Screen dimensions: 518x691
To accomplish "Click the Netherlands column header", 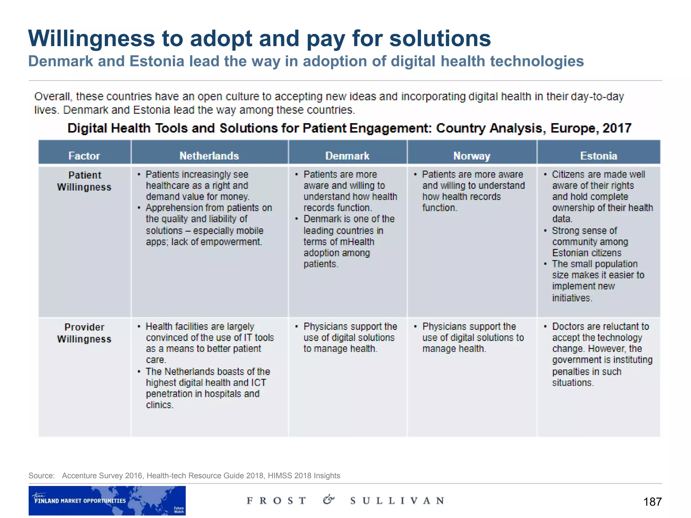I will [209, 155].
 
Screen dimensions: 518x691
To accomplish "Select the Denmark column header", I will [347, 155].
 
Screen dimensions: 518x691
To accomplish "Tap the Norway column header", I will [472, 155].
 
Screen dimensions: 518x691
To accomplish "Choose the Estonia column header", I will [599, 155].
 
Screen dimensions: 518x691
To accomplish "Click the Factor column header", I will [84, 155].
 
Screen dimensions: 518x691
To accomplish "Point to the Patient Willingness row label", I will [84, 181].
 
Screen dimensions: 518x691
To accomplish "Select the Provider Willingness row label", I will [84, 333].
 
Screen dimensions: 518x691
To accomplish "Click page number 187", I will [652, 502].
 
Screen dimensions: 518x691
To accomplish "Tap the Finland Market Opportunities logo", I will [107, 500].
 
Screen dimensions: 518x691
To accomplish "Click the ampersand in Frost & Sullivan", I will [328, 499].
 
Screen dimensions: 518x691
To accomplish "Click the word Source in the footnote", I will [41, 476].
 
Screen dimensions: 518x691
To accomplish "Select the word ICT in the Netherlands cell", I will [258, 382].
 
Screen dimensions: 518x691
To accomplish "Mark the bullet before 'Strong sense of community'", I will [545, 231].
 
